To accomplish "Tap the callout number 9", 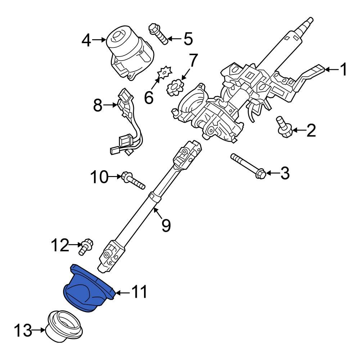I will click(165, 225).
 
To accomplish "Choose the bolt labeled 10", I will click(133, 180).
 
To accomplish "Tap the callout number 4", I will click(86, 41).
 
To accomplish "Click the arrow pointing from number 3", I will click(272, 174).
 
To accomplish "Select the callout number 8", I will click(98, 106).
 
